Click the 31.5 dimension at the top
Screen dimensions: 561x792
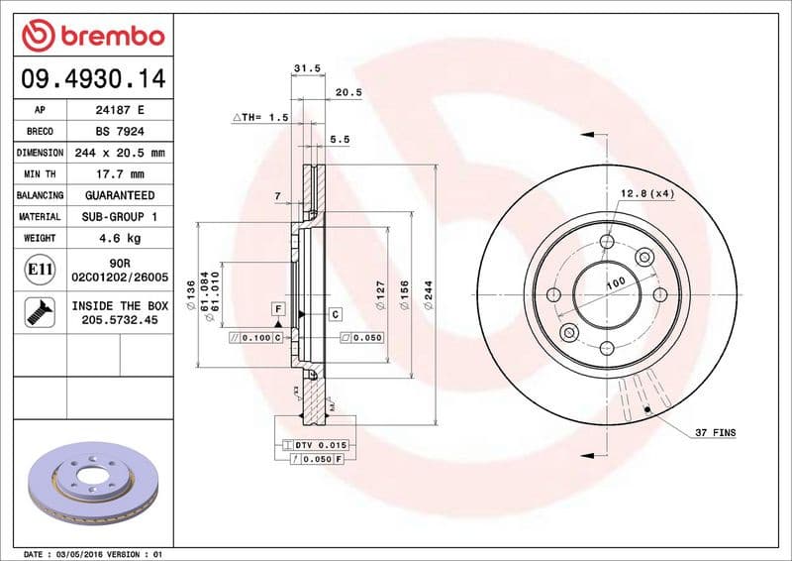307,68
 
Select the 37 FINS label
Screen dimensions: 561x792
715,433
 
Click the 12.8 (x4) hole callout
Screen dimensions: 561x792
646,193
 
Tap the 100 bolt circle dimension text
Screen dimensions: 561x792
616,283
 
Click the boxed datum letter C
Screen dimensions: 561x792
335,314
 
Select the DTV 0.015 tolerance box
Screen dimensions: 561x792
316,447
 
